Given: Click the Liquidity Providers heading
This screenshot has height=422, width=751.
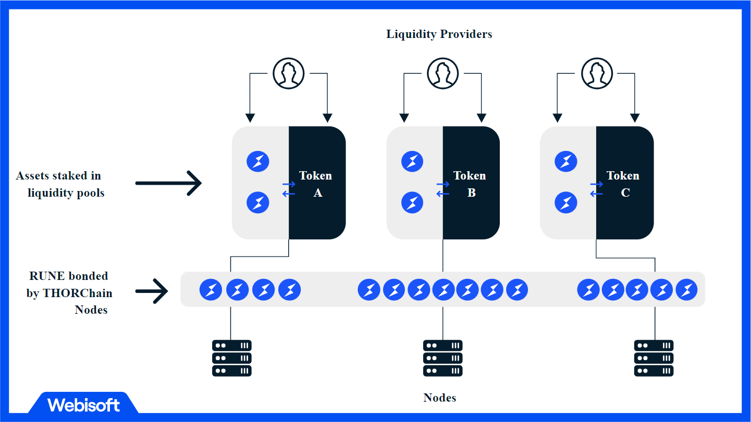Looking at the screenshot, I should [x=439, y=34].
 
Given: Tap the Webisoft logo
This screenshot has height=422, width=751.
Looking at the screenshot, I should [x=83, y=405].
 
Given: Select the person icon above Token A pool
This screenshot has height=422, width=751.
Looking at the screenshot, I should [x=289, y=73].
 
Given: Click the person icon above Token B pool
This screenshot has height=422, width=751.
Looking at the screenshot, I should [x=442, y=73].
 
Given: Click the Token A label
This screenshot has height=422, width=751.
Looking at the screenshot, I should [x=316, y=184].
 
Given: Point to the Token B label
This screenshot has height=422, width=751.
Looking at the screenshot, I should [x=470, y=184].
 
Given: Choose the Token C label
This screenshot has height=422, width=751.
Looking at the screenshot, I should [x=623, y=184].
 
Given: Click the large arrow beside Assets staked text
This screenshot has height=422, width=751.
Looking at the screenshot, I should [x=168, y=183].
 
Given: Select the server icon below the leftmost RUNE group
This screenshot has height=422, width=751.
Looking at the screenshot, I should [x=232, y=358].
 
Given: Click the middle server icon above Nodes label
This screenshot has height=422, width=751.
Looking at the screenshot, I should [x=442, y=358].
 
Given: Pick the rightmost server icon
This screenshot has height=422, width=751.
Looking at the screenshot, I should [x=654, y=358].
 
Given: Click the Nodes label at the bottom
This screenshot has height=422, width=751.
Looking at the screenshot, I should [x=439, y=398].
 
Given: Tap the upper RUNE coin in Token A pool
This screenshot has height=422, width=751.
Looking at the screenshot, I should [x=257, y=162].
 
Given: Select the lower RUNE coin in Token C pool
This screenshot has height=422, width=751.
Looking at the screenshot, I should [x=565, y=202].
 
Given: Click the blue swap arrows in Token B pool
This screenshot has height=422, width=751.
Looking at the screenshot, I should [x=443, y=189].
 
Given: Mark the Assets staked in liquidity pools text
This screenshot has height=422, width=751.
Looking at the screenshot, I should [x=59, y=184].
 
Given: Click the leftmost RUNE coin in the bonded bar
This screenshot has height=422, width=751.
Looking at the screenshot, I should [x=211, y=290].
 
